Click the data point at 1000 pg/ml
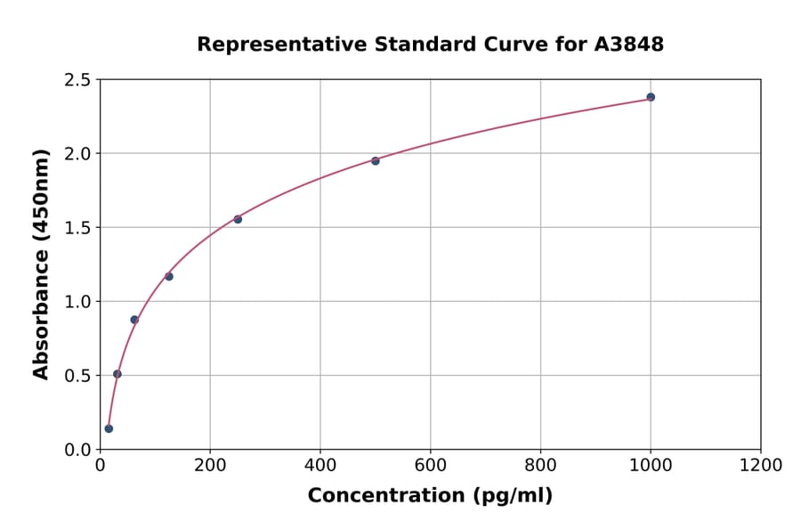[x=651, y=97]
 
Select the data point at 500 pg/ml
[x=376, y=161]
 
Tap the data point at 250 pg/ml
[x=238, y=219]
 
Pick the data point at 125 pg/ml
[x=169, y=276]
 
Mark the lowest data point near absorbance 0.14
[x=109, y=428]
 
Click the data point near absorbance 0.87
[x=134, y=320]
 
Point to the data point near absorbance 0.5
[x=117, y=374]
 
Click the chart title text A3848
[x=628, y=45]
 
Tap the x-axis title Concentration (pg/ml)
[x=430, y=496]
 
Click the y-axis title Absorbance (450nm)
[x=41, y=264]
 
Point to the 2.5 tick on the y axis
[x=77, y=80]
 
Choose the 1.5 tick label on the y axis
[x=77, y=228]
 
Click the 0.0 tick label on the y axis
[x=77, y=450]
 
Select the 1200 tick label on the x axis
[x=761, y=466]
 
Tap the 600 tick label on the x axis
[x=430, y=466]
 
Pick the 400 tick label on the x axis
[x=320, y=466]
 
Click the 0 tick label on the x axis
[x=100, y=466]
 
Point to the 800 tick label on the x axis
[x=540, y=466]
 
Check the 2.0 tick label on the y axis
[x=77, y=154]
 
